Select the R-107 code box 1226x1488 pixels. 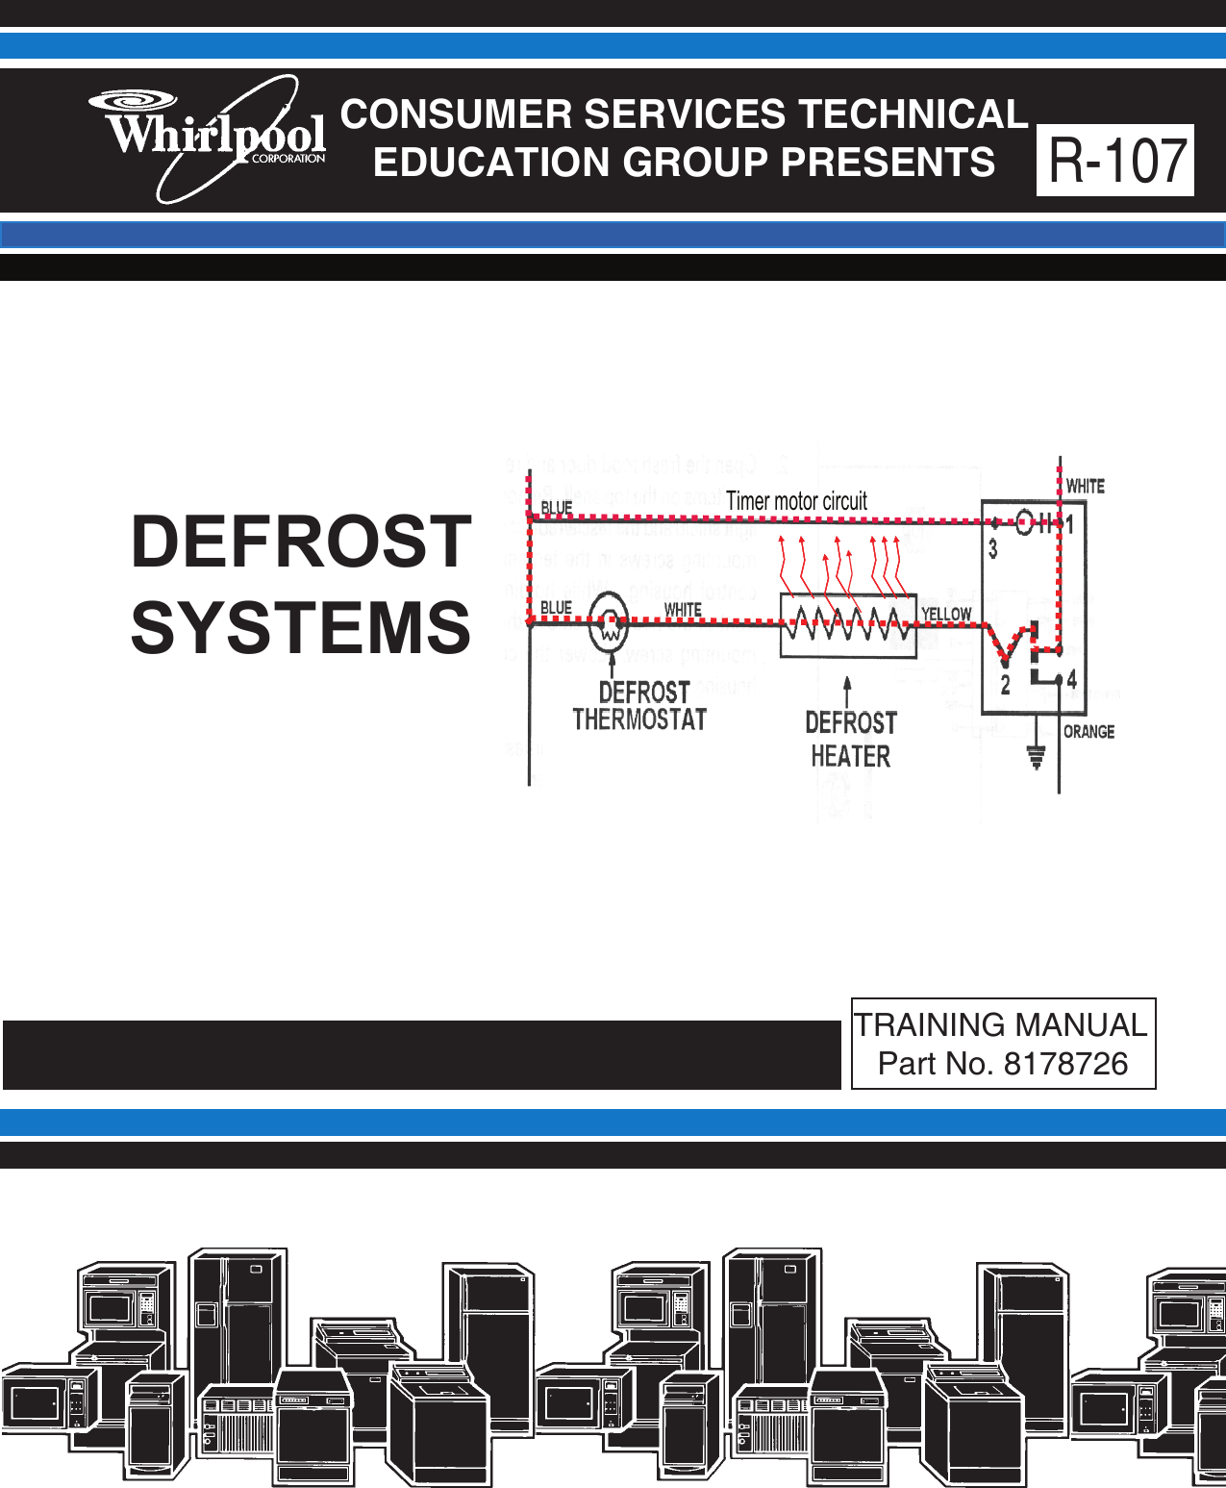coord(1115,161)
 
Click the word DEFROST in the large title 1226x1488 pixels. coord(301,542)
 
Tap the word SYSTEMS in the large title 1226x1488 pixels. coord(301,627)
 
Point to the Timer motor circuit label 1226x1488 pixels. coord(796,501)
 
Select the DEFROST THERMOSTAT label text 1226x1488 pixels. coord(640,706)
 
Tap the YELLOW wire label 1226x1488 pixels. coord(946,614)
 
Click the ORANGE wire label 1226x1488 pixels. coord(1089,732)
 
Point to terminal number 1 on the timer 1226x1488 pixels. coord(1069,525)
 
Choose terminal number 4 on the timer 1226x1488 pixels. coord(1071,679)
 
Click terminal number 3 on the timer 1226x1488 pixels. coord(993,549)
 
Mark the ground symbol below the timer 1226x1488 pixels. coord(1036,757)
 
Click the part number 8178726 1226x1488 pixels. coord(1065,1064)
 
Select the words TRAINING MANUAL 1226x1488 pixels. coord(1001,1025)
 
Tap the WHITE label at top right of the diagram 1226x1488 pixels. coord(1086,487)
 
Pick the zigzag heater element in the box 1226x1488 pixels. coord(846,623)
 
